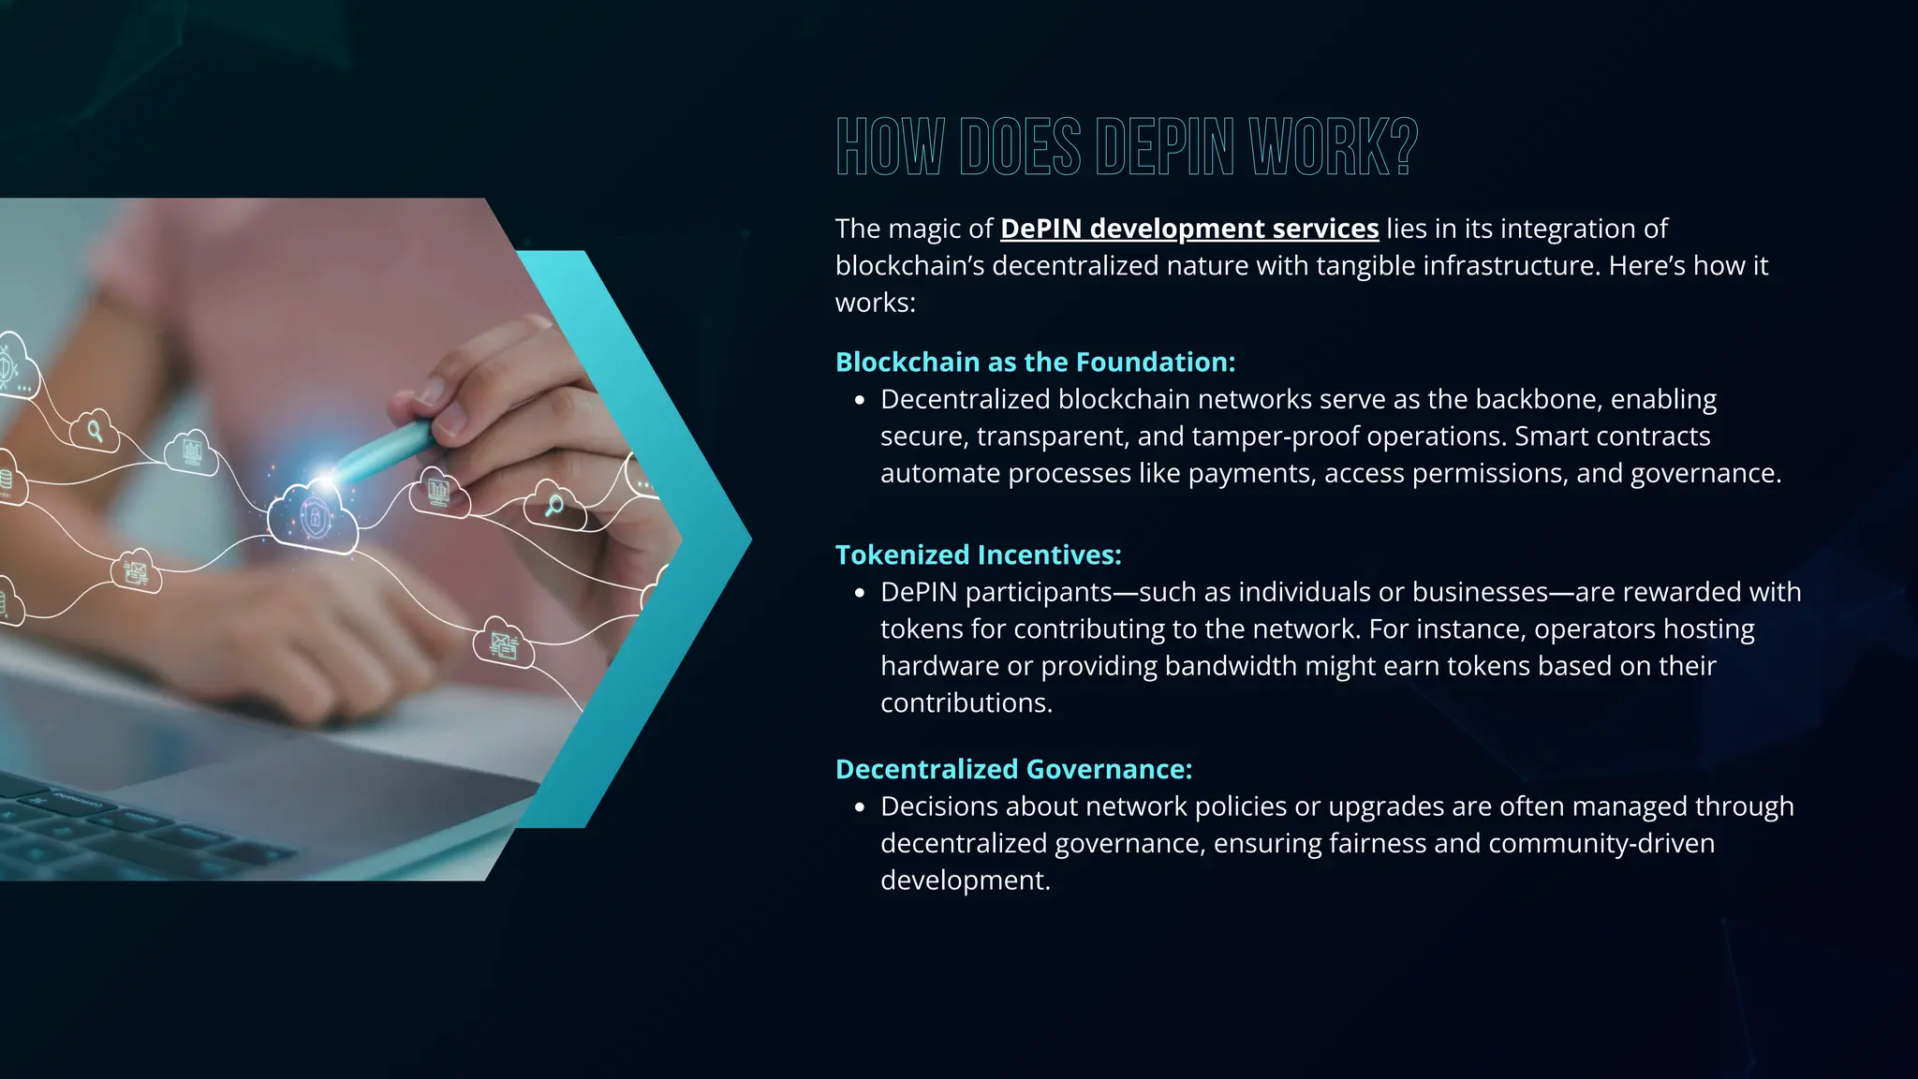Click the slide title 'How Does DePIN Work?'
1127,147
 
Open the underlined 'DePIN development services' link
1189,229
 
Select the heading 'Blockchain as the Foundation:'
1035,362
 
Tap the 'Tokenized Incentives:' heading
978,555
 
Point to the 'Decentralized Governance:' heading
1013,770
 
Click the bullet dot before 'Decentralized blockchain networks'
860,401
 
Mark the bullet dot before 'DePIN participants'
860,594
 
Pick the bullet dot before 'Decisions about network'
860,807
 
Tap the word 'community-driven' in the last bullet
1601,844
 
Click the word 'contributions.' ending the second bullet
966,703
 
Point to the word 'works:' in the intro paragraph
875,303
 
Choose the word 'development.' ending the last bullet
965,880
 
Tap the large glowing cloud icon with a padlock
313,518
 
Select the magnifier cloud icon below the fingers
554,508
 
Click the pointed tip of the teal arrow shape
749,539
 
